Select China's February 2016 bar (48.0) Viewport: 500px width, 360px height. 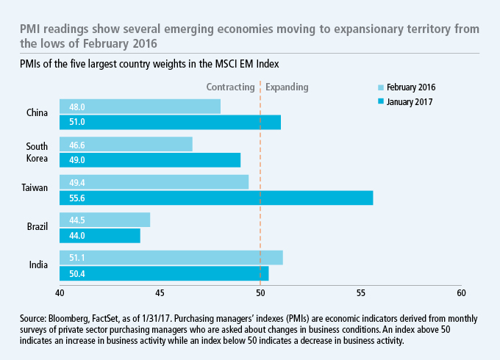tap(140, 106)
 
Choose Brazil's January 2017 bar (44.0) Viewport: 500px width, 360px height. tap(99, 235)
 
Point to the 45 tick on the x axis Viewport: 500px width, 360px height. tap(160, 293)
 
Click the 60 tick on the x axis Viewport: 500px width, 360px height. tap(460, 293)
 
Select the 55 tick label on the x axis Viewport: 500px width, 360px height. tap(360, 293)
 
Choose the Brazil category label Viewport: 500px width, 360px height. tap(36, 226)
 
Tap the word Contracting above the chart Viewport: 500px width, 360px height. tap(230, 87)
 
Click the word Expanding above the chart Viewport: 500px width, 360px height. tap(287, 87)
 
